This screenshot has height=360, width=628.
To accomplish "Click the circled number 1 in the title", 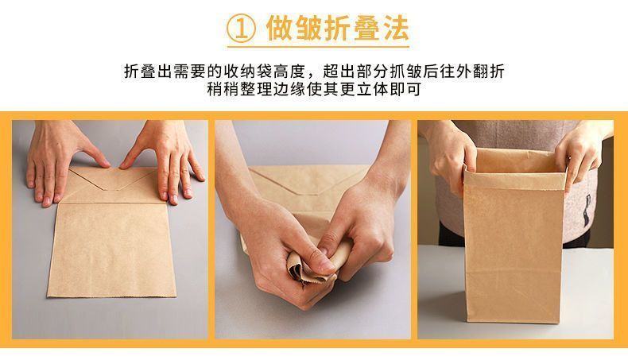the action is tap(241, 29).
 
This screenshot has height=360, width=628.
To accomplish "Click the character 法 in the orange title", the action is tap(394, 28).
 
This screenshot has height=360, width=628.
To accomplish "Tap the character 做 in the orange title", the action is tap(279, 28).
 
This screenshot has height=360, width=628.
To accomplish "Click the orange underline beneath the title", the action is tap(319, 47).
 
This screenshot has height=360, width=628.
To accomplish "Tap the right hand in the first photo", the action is tap(165, 160).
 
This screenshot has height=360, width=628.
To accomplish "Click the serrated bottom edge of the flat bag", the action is tap(112, 296).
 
